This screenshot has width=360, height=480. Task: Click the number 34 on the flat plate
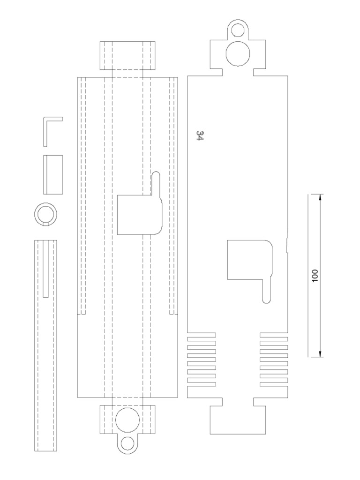point(200,136)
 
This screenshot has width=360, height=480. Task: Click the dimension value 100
point(315,275)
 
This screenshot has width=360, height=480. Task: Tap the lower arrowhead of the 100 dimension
point(320,353)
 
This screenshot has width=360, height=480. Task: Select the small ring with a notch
point(45,215)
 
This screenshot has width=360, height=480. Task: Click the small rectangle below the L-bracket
point(53,174)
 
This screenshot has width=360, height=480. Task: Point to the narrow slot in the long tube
point(45,269)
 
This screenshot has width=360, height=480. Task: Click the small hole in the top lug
point(238,31)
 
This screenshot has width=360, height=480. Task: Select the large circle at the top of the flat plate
point(238,52)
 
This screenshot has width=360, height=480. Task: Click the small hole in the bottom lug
point(127,443)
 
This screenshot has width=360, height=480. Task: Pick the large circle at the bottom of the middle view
point(127,419)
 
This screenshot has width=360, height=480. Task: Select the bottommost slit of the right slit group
point(274,384)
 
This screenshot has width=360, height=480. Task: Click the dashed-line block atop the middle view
point(127,56)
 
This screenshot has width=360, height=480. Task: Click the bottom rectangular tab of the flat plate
point(238,420)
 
